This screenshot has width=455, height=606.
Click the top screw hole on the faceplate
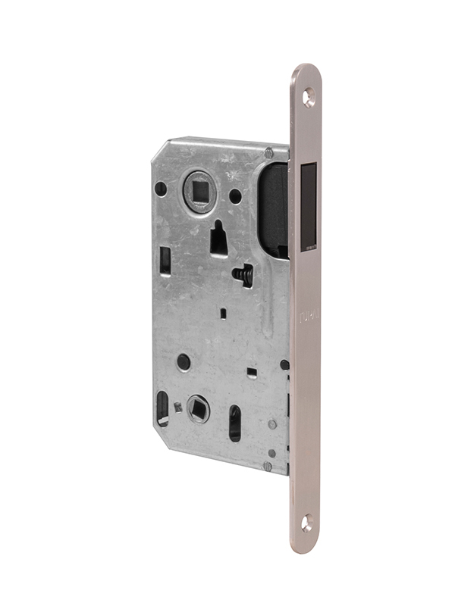click(x=309, y=97)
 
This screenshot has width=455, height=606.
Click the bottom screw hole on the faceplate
click(x=306, y=522)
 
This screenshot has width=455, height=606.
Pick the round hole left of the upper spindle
click(x=161, y=188)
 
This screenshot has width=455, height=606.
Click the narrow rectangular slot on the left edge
click(x=165, y=261)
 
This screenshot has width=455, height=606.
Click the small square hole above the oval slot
click(x=251, y=371)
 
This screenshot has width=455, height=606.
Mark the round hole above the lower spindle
click(x=184, y=362)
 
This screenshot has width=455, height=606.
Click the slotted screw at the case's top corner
click(x=268, y=154)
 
